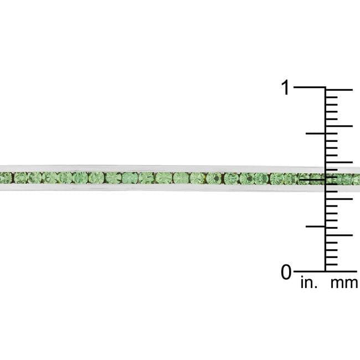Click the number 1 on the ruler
pos(286,88)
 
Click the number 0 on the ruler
pos(286,272)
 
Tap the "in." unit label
pos(309,282)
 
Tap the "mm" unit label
pos(344,284)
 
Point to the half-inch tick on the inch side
pos(316,179)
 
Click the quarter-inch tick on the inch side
pos(316,227)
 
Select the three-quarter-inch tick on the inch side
pos(316,133)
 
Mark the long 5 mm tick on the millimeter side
pos(339,235)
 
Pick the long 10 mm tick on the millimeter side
pos(339,199)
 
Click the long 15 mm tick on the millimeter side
pos(339,162)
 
